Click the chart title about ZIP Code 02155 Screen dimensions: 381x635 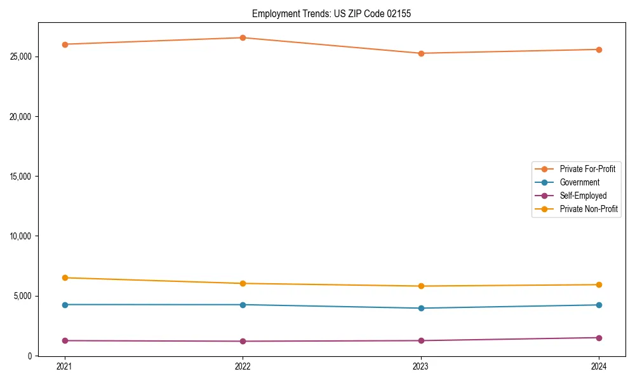pyautogui.click(x=331, y=13)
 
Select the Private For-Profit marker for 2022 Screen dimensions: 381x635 pyautogui.click(x=243, y=37)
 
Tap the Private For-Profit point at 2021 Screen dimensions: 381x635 pyautogui.click(x=65, y=44)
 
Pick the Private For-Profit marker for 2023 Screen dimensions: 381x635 pyautogui.click(x=421, y=53)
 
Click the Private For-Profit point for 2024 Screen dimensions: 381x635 pyautogui.click(x=599, y=50)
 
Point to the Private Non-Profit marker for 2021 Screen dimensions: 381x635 pyautogui.click(x=65, y=277)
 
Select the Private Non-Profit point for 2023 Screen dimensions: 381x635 pyautogui.click(x=421, y=286)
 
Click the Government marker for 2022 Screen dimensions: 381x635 pyautogui.click(x=243, y=305)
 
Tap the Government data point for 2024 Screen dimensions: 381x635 pyautogui.click(x=599, y=305)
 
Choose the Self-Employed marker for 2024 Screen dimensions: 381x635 pyautogui.click(x=599, y=338)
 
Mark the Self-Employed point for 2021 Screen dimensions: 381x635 pyautogui.click(x=65, y=340)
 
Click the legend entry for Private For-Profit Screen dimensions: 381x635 pyautogui.click(x=587, y=169)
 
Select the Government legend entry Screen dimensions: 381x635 pyautogui.click(x=579, y=182)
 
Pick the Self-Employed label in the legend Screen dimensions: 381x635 pyautogui.click(x=583, y=196)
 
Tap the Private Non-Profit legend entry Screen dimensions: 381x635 pyautogui.click(x=589, y=209)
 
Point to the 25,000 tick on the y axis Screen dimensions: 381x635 pyautogui.click(x=22, y=57)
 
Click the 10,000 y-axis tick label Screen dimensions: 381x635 pyautogui.click(x=22, y=236)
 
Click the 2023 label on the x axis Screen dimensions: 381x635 pyautogui.click(x=421, y=366)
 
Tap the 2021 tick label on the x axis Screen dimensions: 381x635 pyautogui.click(x=65, y=366)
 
